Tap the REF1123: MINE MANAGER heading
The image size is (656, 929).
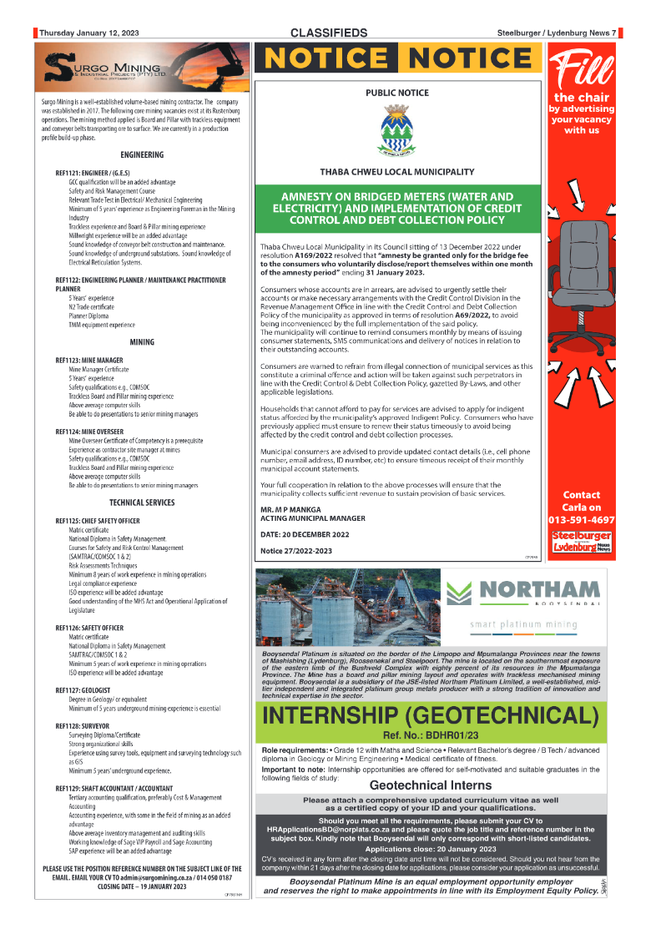click(x=89, y=360)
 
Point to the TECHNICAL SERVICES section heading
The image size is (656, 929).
click(x=142, y=503)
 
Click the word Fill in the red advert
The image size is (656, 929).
click(x=581, y=71)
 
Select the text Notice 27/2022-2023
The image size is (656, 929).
click(x=295, y=550)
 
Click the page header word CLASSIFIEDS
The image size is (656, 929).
click(x=329, y=33)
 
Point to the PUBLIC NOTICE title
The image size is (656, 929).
click(x=397, y=93)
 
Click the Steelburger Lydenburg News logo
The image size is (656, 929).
click(x=581, y=540)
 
